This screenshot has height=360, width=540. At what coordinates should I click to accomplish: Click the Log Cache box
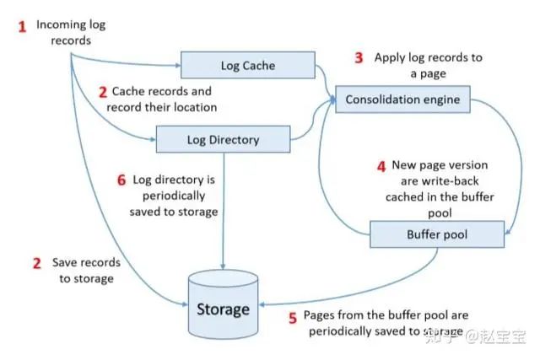[248, 65]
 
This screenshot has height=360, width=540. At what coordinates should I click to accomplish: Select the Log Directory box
[223, 139]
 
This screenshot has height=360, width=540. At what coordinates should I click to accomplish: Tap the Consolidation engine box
[402, 100]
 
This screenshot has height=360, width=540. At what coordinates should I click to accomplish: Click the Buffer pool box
[436, 233]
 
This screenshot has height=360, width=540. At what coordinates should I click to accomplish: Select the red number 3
[358, 58]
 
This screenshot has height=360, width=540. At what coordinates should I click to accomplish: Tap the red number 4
[381, 166]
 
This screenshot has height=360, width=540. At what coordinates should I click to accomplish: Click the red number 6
[121, 180]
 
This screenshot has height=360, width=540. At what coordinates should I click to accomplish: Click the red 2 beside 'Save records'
[36, 263]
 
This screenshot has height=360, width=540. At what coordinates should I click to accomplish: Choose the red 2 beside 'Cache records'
[103, 91]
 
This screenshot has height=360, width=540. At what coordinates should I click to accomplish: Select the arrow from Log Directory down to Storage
[223, 211]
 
